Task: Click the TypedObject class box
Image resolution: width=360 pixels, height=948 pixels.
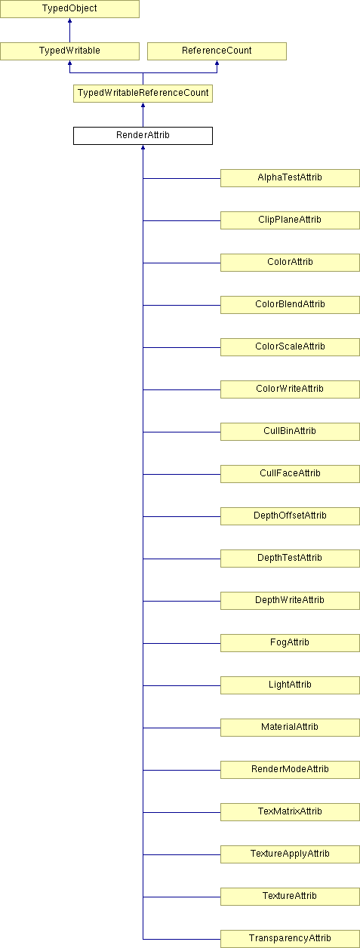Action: [69, 9]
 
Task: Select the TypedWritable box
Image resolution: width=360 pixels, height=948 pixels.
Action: [69, 51]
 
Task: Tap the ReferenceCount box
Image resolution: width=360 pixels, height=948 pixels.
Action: [217, 51]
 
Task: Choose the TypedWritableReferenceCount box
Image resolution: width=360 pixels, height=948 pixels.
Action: [143, 94]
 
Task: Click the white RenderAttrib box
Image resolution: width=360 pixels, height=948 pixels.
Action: [143, 136]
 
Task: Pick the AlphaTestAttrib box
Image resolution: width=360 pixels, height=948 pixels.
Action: [291, 178]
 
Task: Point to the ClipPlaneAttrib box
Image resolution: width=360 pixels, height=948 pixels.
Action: [291, 220]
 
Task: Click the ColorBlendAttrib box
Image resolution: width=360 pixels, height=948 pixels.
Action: [291, 305]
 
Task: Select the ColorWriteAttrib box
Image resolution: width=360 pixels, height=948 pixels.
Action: [291, 389]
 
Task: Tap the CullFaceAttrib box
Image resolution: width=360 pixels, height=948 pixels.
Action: [291, 474]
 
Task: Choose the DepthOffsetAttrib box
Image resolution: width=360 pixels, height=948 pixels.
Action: [291, 516]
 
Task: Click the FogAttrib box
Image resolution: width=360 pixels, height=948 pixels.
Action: [291, 643]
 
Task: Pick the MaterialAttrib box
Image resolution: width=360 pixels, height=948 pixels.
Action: [291, 728]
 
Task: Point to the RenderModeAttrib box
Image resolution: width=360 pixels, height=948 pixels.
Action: [291, 770]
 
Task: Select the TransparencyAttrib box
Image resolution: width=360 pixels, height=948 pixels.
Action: [291, 939]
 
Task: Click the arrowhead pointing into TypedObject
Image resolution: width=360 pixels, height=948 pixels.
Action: [69, 20]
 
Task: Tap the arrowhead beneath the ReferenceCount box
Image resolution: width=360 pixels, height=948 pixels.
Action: [217, 63]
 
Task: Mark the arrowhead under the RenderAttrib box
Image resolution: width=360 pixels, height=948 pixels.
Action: [143, 147]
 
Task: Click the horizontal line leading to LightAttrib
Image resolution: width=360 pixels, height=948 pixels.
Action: [182, 685]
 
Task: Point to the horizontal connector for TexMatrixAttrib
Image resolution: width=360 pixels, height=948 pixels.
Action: [182, 813]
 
